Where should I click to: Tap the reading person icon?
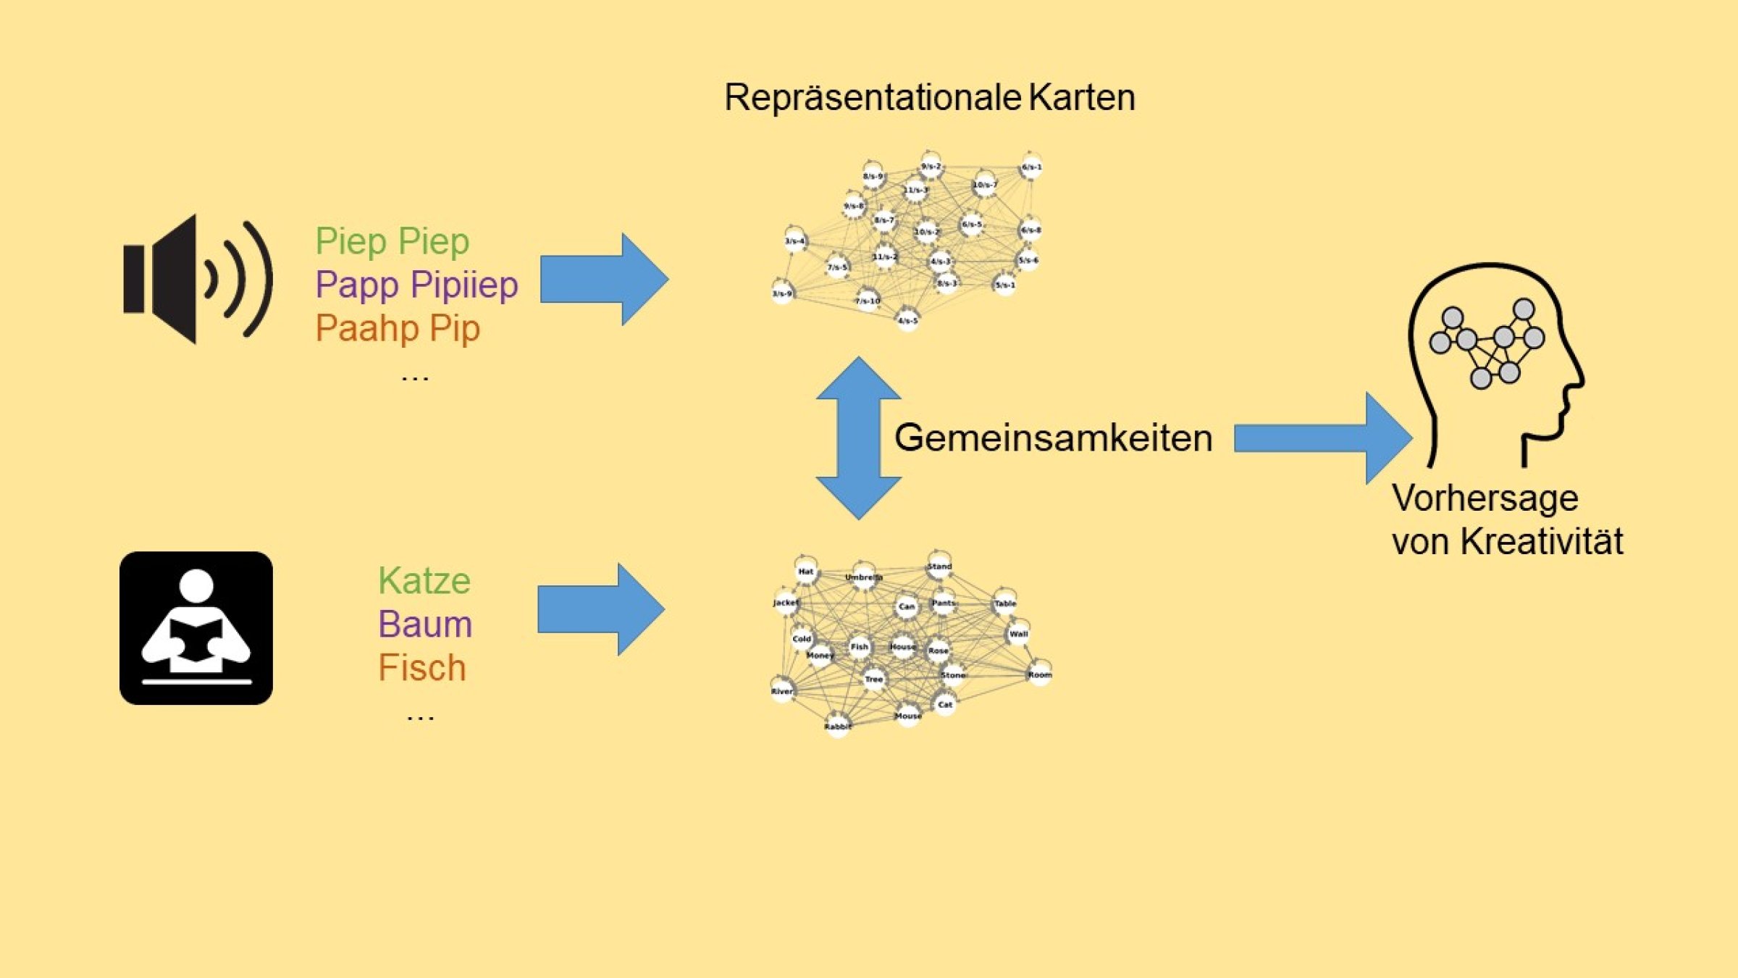[x=196, y=628]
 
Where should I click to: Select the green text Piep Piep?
[x=392, y=241]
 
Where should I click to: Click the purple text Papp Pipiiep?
[x=416, y=284]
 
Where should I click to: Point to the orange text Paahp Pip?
[x=398, y=328]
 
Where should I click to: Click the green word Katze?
[x=424, y=581]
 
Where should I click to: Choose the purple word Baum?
[x=425, y=624]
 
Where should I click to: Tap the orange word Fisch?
[x=422, y=668]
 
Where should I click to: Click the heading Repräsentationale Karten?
[x=929, y=98]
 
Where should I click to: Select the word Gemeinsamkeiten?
[x=1053, y=438]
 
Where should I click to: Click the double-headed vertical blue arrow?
[x=859, y=438]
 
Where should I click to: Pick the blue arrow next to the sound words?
[x=603, y=280]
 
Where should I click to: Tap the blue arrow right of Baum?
[x=600, y=610]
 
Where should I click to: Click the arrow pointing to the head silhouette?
[x=1322, y=438]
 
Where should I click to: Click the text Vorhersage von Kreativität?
[x=1506, y=519]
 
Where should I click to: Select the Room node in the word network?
[x=1039, y=674]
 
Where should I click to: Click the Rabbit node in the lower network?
[x=838, y=726]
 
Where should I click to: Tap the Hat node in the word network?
[x=806, y=572]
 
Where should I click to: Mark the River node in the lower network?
[x=782, y=690]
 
